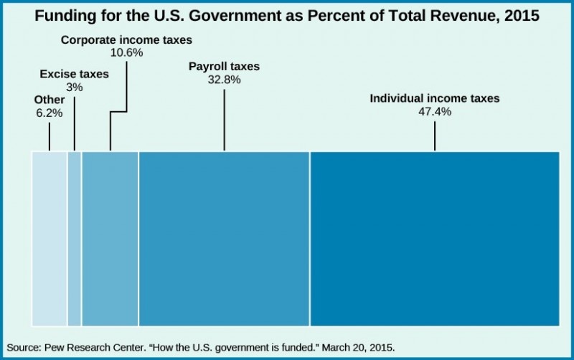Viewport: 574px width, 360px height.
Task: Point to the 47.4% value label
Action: [x=434, y=111]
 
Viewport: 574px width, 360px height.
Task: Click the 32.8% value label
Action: [x=224, y=80]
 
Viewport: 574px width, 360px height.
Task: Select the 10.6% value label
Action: [x=126, y=53]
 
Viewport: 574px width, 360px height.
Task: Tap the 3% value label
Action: [x=74, y=87]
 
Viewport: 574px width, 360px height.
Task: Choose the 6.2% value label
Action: [x=50, y=113]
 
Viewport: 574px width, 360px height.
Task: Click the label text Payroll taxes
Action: [x=224, y=67]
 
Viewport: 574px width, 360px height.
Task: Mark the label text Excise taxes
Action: [x=74, y=74]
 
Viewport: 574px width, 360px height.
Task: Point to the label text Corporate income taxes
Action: [x=126, y=40]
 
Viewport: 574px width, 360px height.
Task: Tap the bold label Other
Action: [x=49, y=100]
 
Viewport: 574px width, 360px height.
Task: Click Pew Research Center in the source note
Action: [x=94, y=347]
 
